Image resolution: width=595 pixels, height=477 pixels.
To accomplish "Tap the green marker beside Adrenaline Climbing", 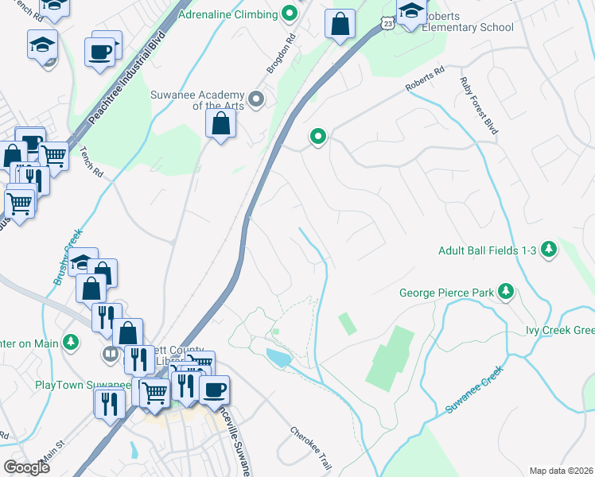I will pyautogui.click(x=290, y=14).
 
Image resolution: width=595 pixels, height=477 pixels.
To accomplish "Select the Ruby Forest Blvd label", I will pyautogui.click(x=478, y=104).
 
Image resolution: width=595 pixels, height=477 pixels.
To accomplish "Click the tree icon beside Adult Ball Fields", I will pyautogui.click(x=548, y=250).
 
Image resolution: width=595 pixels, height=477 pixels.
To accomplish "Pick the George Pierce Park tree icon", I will pyautogui.click(x=505, y=292).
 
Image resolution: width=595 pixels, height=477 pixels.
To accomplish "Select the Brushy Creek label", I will pyautogui.click(x=68, y=255).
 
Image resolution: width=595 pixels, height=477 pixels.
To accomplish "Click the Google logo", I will pyautogui.click(x=25, y=467).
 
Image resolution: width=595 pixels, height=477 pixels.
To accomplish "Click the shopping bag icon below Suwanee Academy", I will pyautogui.click(x=221, y=124).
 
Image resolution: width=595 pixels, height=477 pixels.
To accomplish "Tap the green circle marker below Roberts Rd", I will pyautogui.click(x=318, y=137).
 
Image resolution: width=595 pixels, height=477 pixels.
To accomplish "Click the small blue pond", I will pyautogui.click(x=279, y=358).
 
